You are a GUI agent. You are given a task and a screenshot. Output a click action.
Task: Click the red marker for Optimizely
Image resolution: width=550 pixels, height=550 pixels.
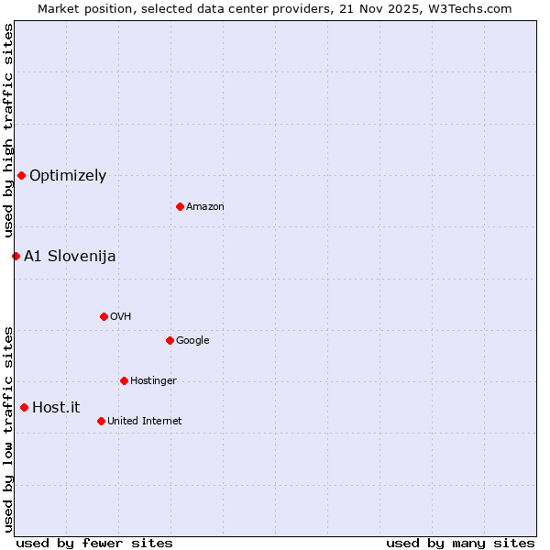pos(21,175)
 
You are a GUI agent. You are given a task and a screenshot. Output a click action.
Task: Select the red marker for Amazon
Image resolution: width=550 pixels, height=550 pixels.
pos(180,206)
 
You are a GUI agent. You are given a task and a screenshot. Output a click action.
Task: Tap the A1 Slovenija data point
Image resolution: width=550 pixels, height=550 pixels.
pos(16,256)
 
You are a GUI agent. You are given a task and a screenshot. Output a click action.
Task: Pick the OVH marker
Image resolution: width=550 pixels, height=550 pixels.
pos(104,316)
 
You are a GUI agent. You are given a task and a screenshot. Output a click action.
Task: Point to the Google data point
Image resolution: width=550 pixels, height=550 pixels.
pos(170,340)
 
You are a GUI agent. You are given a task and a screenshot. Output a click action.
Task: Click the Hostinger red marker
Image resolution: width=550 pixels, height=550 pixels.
pos(124,380)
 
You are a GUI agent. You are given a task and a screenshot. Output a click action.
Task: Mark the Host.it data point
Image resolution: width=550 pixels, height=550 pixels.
pos(24,407)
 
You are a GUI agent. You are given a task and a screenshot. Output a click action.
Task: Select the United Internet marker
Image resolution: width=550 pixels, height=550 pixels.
pos(101,421)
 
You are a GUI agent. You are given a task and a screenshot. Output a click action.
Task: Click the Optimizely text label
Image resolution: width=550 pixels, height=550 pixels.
pos(68,176)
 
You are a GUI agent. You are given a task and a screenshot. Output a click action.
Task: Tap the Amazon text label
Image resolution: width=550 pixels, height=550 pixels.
pos(205,207)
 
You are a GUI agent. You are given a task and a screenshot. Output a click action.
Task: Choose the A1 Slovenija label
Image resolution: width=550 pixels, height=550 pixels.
pos(70,257)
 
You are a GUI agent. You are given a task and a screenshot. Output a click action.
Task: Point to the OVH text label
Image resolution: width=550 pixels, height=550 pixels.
pos(120,317)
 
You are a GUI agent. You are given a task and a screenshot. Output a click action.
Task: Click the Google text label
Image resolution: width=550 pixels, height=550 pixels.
pos(192,341)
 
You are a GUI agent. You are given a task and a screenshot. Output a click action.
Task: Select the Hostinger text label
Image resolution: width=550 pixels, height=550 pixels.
pos(153,381)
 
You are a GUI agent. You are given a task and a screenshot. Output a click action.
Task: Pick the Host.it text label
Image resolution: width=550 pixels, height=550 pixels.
pos(56,408)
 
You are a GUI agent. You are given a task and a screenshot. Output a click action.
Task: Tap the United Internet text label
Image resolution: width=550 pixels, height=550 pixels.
pos(145,422)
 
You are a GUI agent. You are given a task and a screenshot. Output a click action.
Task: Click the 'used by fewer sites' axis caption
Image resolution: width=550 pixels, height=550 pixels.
pos(94,544)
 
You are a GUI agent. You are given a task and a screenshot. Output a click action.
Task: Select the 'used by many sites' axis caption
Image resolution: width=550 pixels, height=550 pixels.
pos(460,544)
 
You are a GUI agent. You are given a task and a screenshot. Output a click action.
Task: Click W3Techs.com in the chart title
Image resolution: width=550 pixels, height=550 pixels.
pos(467,8)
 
